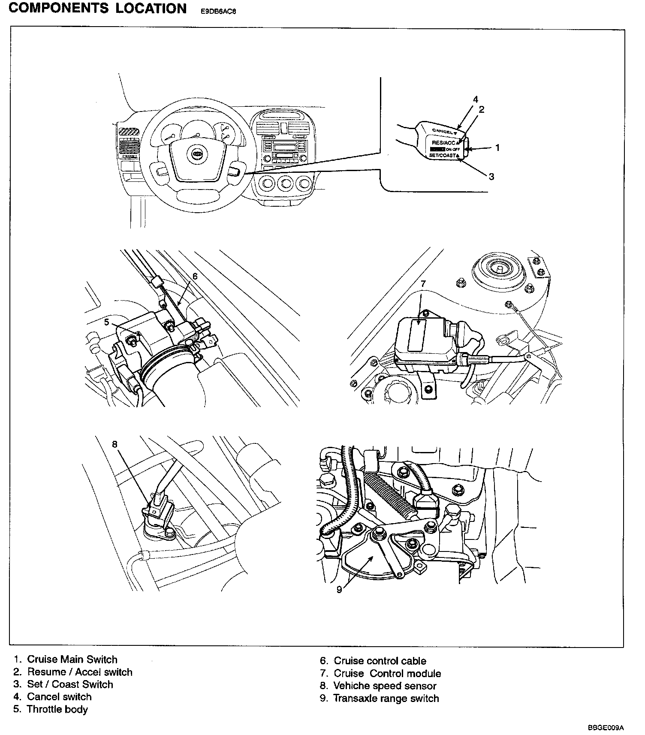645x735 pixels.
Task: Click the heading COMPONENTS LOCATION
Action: click(97, 9)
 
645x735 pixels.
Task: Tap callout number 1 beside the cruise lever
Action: click(497, 148)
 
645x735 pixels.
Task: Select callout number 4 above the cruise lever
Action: click(476, 99)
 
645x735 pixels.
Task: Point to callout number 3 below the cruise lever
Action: click(491, 176)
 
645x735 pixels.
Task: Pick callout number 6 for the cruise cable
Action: click(195, 277)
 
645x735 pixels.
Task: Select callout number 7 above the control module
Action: click(423, 283)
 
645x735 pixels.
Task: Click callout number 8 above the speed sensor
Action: click(115, 444)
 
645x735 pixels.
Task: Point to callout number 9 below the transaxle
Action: click(339, 590)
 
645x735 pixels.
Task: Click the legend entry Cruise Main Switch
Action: click(72, 660)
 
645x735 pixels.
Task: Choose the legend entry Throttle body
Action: click(57, 709)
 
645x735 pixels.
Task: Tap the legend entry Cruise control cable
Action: click(380, 661)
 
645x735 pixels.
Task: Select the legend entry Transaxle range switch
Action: click(386, 698)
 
